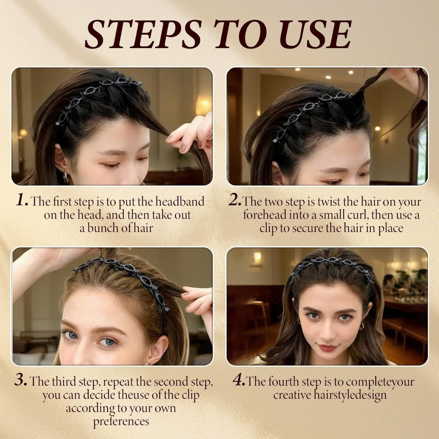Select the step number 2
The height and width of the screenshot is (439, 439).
235,201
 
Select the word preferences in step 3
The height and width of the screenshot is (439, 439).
121,421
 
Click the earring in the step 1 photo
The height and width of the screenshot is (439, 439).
66,177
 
